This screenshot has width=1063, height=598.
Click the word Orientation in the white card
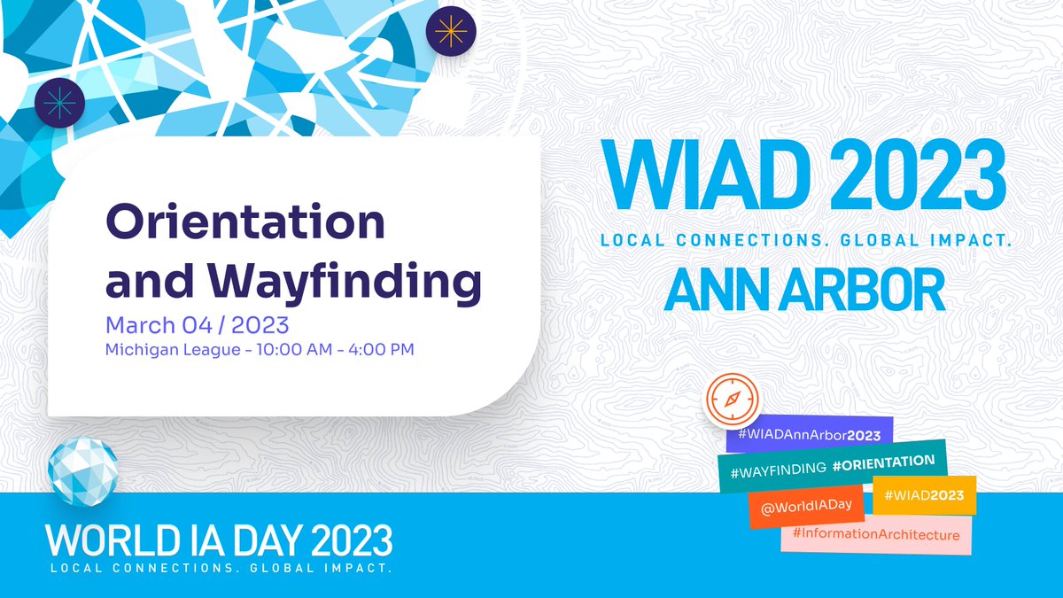(x=245, y=222)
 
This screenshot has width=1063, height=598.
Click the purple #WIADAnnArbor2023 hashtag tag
(x=803, y=435)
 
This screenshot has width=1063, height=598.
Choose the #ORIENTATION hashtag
(x=884, y=462)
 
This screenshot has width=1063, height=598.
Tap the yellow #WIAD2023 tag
(x=923, y=494)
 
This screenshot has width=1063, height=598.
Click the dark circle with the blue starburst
(x=59, y=103)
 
